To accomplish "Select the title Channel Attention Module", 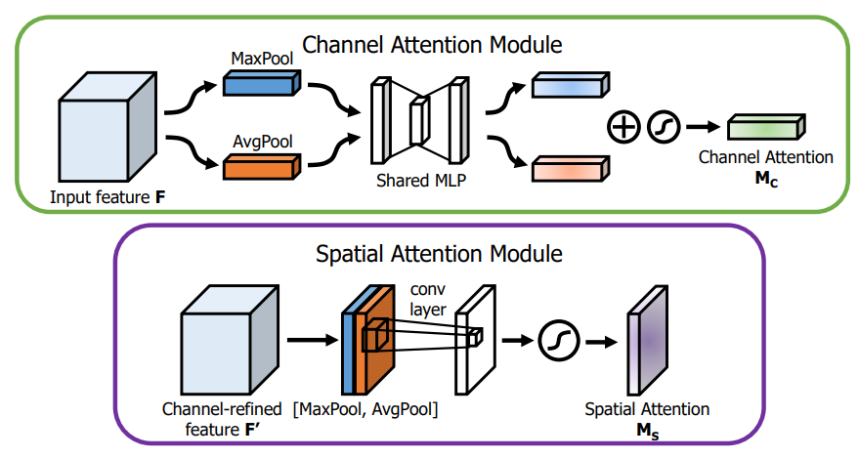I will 431,44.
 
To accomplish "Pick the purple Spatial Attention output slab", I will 646,341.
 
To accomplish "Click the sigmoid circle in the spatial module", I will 558,341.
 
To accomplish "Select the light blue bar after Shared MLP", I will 566,88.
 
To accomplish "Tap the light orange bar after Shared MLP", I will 566,170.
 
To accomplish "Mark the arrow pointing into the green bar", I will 703,127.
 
